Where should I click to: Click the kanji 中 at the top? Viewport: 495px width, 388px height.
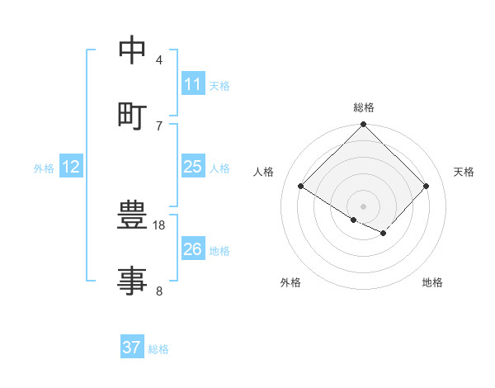coord(133,51)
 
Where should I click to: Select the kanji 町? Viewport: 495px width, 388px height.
coord(133,116)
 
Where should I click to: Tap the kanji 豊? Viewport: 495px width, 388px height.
coord(133,216)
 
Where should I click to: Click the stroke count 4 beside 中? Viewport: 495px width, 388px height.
coord(159,60)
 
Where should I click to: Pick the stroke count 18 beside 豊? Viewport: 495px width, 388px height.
coord(159,225)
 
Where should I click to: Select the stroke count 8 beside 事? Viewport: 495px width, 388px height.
coord(159,290)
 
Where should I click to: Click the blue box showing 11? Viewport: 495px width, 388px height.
coord(192,84)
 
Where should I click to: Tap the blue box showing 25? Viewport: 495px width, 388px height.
coord(192,167)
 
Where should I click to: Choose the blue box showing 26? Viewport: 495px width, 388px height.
coord(192,249)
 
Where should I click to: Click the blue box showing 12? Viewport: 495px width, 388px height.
coord(70,167)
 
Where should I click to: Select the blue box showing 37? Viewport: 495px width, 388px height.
coord(131,348)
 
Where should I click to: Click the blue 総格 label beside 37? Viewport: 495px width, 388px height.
coord(158,349)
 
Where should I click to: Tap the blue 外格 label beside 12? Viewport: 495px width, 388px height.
coord(44,168)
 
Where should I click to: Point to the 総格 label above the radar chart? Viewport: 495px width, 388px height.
coord(364,107)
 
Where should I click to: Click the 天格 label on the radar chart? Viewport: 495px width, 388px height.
coord(464,172)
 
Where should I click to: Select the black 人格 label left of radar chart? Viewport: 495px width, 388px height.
coord(264,172)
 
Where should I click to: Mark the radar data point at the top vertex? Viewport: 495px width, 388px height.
coord(364,125)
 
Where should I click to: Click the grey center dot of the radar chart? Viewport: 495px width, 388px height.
coord(364,206)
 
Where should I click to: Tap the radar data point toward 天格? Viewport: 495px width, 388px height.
coord(427,187)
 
